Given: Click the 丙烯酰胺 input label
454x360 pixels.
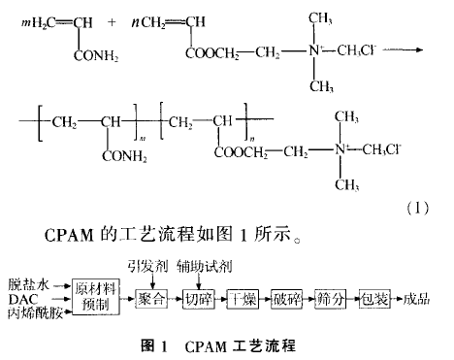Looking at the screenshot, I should [x=35, y=313].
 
